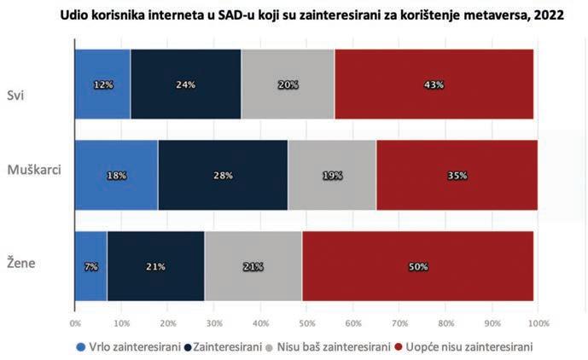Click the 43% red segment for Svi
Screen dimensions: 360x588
(x=434, y=84)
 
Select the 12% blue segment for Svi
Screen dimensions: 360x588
(x=102, y=84)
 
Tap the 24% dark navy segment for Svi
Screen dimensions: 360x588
(x=185, y=84)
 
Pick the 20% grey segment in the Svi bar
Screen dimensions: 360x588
(x=288, y=84)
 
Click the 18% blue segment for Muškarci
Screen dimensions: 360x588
(x=116, y=175)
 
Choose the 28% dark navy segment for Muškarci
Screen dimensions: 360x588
(x=223, y=175)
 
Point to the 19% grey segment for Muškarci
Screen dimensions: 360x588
(x=332, y=175)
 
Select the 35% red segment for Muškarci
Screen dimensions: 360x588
(x=457, y=175)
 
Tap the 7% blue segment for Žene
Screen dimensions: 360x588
(x=90, y=266)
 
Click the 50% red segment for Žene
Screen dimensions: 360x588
(x=417, y=266)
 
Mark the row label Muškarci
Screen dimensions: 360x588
(x=30, y=170)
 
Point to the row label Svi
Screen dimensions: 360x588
(x=15, y=94)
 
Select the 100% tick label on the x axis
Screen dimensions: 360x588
(x=539, y=323)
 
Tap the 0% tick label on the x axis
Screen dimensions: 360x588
(x=75, y=323)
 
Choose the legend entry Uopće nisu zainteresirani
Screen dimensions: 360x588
(x=474, y=347)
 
